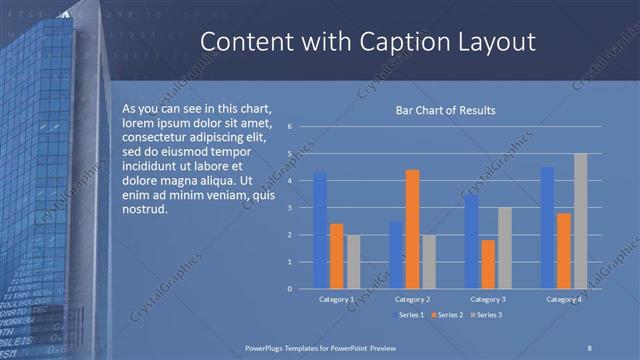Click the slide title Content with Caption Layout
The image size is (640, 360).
click(x=367, y=42)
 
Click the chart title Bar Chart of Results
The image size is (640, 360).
click(x=446, y=110)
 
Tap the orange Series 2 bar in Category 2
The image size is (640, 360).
click(x=412, y=229)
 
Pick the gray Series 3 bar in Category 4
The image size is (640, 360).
click(x=580, y=221)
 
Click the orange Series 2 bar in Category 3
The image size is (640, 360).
click(x=488, y=264)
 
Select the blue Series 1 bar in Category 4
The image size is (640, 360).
click(x=547, y=227)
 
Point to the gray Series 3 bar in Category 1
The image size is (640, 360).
click(x=353, y=261)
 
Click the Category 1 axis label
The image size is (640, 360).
click(x=336, y=299)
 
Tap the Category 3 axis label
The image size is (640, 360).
click(x=488, y=299)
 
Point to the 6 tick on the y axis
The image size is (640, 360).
click(x=288, y=127)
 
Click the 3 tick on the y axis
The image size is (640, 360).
click(x=288, y=208)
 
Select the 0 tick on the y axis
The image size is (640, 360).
click(x=288, y=289)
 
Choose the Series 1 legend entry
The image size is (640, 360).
click(x=411, y=315)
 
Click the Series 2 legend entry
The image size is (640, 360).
click(x=449, y=315)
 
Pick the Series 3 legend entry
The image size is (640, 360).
click(x=488, y=315)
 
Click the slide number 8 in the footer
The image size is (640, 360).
click(x=590, y=346)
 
